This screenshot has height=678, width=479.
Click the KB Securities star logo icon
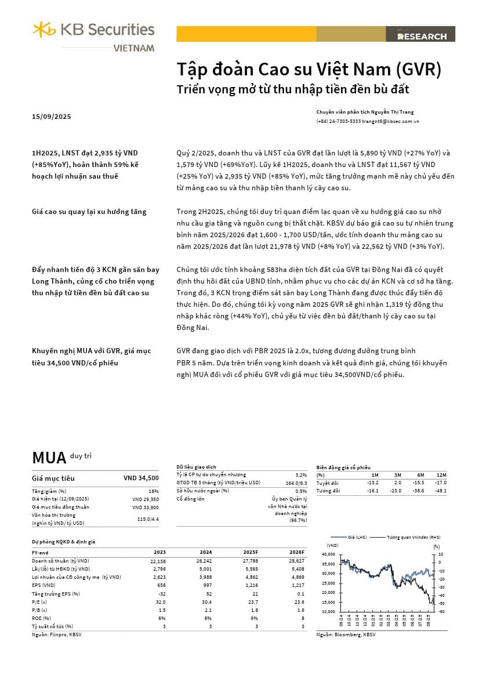tap(44, 29)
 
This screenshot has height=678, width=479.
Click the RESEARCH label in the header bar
tap(422, 37)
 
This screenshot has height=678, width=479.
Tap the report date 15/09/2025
tap(52, 117)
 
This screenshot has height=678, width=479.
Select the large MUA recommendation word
tap(49, 458)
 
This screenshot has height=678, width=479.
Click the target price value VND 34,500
tap(141, 478)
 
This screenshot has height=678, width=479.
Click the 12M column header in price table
tap(442, 474)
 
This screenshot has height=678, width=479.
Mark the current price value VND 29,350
tap(146, 499)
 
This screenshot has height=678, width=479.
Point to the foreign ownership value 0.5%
tap(301, 491)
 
